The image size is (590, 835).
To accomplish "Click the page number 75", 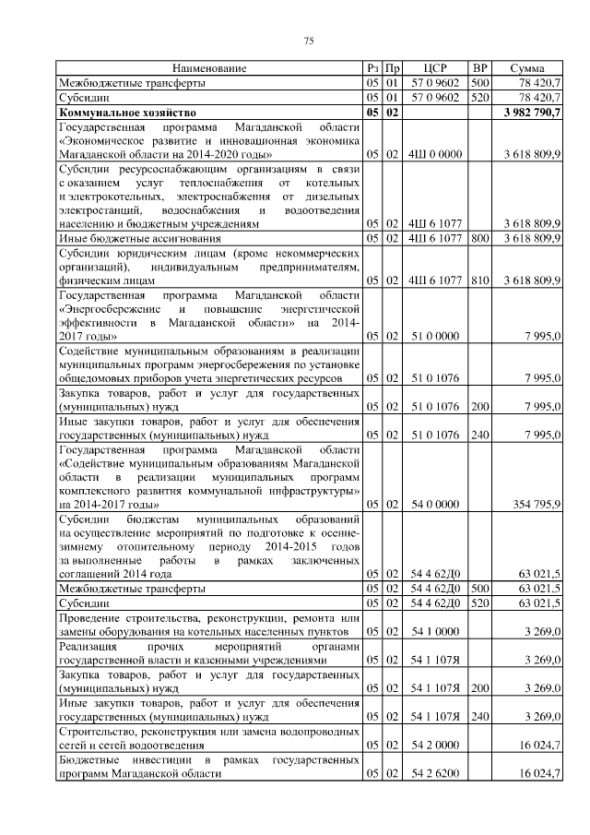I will (310, 41).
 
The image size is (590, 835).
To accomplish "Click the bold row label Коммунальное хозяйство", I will (114, 112).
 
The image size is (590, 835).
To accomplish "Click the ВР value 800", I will (479, 238).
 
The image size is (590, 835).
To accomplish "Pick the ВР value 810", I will (479, 279).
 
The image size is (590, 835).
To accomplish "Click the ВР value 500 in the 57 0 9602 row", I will (479, 83).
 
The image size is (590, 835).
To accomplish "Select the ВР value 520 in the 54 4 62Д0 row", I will (479, 602).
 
